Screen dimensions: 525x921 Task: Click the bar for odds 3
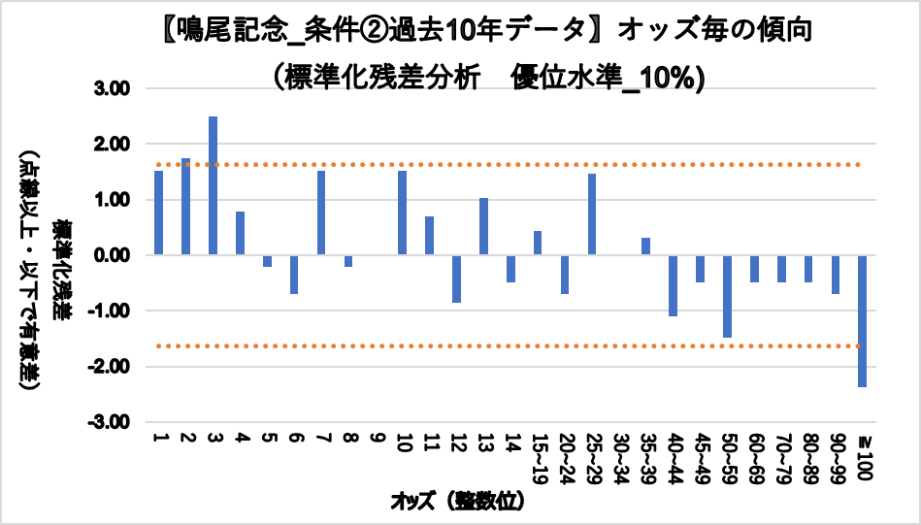213,185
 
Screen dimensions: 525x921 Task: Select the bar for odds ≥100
862,320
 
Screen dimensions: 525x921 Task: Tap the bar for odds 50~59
727,296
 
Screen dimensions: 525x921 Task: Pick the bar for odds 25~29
592,214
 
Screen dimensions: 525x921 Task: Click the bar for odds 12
456,279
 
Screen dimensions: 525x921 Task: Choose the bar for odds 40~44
673,285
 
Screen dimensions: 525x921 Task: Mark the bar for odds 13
483,226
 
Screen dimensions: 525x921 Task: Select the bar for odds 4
240,233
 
